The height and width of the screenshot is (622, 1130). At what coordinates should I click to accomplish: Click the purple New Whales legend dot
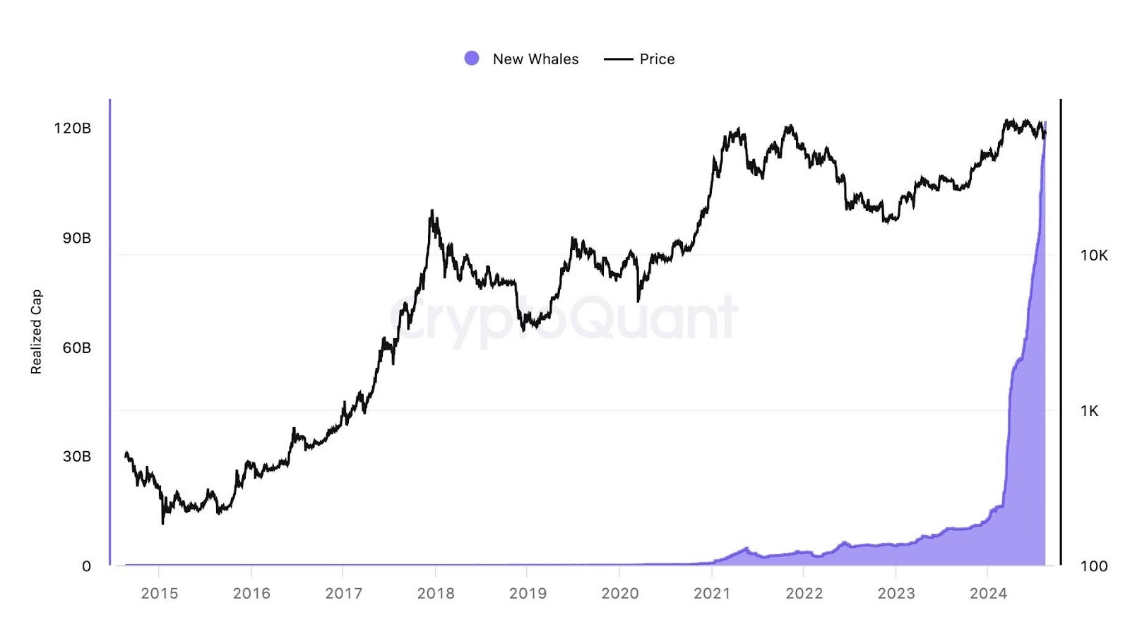(x=472, y=59)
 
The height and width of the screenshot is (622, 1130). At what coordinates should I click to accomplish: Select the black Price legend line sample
(x=618, y=59)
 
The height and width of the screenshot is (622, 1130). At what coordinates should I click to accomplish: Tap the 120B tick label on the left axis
(x=73, y=128)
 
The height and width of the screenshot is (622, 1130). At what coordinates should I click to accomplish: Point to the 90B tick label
(x=76, y=238)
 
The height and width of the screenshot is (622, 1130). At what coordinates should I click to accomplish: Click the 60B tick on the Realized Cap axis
(x=76, y=347)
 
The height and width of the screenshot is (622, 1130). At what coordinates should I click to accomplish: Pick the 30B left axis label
(x=76, y=457)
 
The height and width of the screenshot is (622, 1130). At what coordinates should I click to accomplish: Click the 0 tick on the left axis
(x=86, y=566)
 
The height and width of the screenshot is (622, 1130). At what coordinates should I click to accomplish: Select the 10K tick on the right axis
(x=1094, y=256)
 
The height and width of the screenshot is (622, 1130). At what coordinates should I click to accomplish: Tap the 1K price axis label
(x=1089, y=411)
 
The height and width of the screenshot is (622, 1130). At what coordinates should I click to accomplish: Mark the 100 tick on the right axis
(x=1094, y=566)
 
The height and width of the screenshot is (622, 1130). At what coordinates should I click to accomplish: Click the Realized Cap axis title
(x=36, y=331)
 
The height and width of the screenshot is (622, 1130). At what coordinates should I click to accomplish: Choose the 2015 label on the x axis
(x=159, y=594)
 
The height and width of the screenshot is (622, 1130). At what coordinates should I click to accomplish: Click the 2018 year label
(x=436, y=594)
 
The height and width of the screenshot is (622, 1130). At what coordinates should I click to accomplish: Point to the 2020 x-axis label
(x=619, y=594)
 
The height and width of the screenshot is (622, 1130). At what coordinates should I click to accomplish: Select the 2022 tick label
(x=804, y=594)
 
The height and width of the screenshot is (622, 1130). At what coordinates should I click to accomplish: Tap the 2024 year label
(x=988, y=594)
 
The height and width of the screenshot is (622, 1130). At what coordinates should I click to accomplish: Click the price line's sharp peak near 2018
(x=432, y=211)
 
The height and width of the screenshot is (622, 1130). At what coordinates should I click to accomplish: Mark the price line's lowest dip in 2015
(x=163, y=522)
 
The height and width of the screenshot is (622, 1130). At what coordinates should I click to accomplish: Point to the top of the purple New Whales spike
(x=1045, y=123)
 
